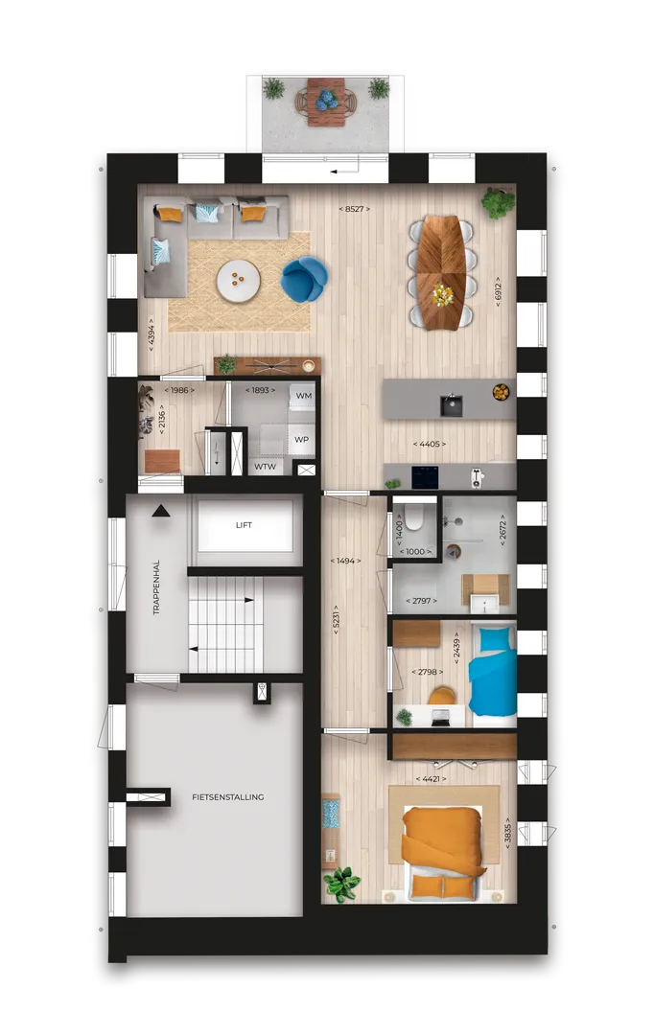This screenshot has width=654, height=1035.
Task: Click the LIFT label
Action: pyautogui.click(x=244, y=525)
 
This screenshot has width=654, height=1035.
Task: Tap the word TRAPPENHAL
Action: pyautogui.click(x=156, y=587)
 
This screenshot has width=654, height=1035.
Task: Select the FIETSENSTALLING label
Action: pyautogui.click(x=228, y=797)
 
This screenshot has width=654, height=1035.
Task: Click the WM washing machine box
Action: pyautogui.click(x=303, y=396)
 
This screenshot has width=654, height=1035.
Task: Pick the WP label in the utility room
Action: pyautogui.click(x=301, y=440)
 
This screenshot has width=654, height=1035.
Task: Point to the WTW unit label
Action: pyautogui.click(x=265, y=467)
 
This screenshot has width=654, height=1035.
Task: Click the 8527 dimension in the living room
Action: pyautogui.click(x=354, y=209)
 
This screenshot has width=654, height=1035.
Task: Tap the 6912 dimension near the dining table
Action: pyautogui.click(x=498, y=291)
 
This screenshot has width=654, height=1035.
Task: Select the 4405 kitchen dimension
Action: pyautogui.click(x=430, y=445)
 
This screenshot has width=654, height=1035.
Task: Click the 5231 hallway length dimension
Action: pyautogui.click(x=336, y=620)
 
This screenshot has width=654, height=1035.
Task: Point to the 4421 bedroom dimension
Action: pyautogui.click(x=431, y=779)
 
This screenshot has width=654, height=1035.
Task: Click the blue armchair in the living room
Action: pyautogui.click(x=304, y=279)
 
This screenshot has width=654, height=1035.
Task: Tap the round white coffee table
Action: pyautogui.click(x=238, y=281)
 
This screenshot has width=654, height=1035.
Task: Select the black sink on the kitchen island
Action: pyautogui.click(x=452, y=404)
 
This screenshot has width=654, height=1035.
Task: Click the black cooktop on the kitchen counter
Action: pyautogui.click(x=425, y=476)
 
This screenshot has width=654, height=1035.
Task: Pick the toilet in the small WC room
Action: pyautogui.click(x=414, y=520)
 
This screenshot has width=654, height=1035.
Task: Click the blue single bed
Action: pyautogui.click(x=492, y=672)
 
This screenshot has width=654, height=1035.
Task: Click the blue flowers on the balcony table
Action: pyautogui.click(x=326, y=100)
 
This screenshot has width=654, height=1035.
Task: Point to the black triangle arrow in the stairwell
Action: pyautogui.click(x=160, y=511)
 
